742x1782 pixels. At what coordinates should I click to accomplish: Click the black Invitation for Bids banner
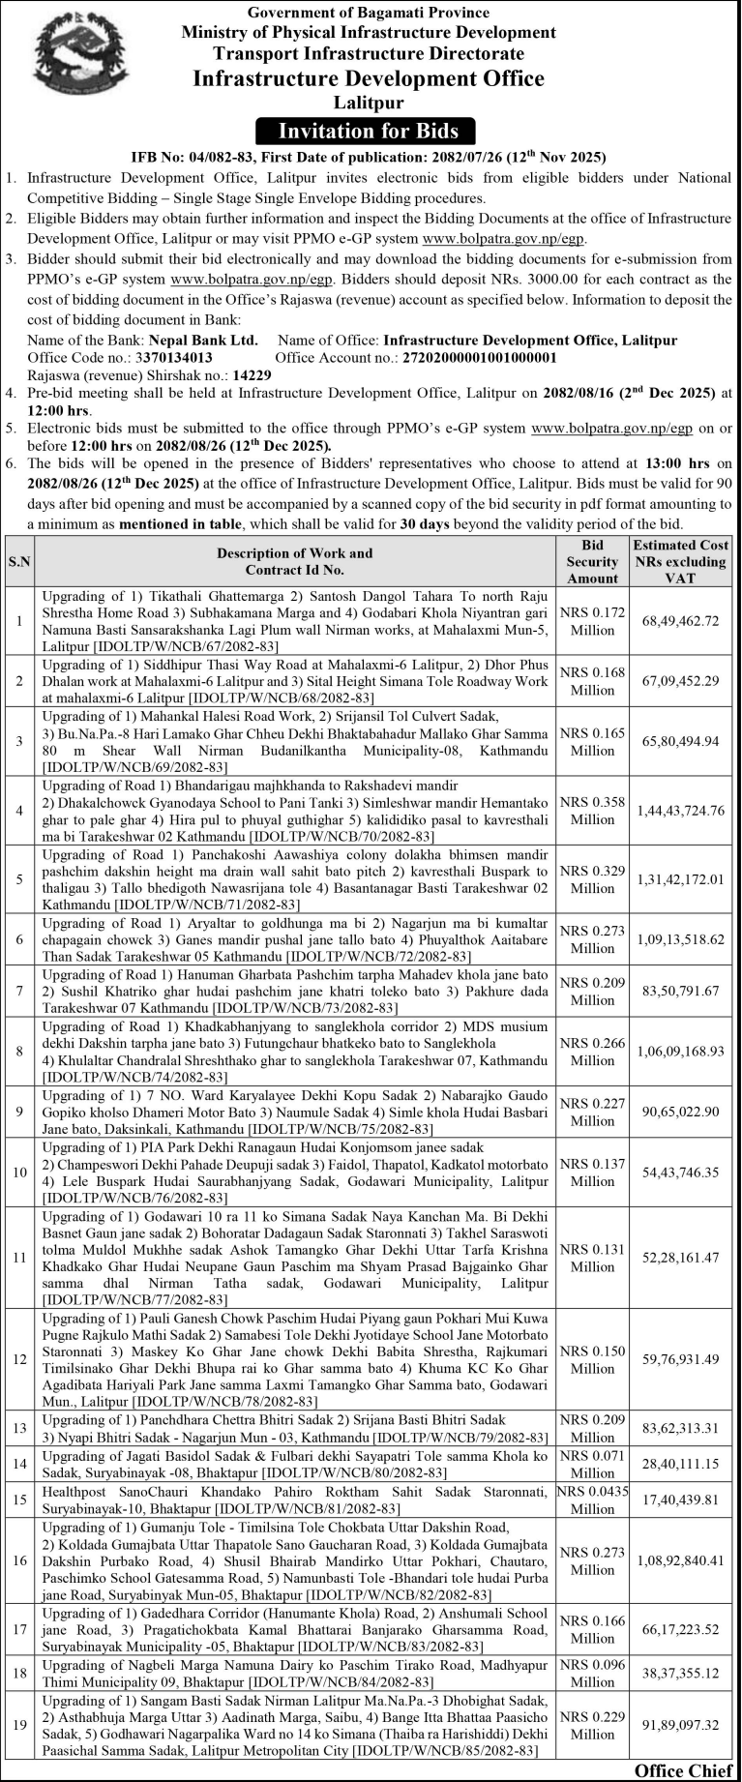(369, 131)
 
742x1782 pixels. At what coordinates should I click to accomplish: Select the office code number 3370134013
(174, 357)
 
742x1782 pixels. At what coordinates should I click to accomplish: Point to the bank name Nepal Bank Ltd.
(203, 341)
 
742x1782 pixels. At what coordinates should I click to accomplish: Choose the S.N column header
(19, 561)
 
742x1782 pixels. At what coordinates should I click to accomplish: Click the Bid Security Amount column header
(592, 561)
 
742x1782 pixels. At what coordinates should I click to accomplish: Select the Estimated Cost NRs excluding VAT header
(680, 561)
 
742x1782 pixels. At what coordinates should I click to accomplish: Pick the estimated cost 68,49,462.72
(680, 621)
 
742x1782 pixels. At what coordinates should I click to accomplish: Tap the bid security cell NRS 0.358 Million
(592, 811)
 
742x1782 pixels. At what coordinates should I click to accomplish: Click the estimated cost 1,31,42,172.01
(680, 879)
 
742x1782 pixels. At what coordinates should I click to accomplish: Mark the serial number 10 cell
(19, 1173)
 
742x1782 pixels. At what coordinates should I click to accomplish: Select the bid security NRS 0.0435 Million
(592, 1500)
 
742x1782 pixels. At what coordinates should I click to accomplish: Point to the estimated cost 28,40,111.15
(680, 1465)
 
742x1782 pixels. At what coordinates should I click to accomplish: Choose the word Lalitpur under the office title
(369, 102)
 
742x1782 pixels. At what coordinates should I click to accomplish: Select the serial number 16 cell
(19, 1560)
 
